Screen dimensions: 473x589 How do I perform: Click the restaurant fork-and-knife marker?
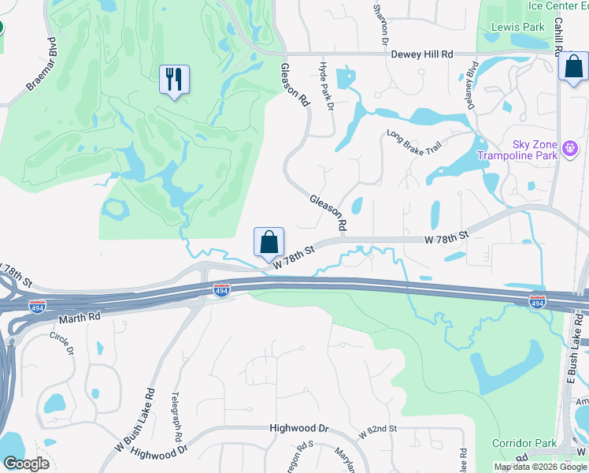(x=174, y=79)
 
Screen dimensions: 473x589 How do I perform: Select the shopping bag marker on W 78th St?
(x=269, y=242)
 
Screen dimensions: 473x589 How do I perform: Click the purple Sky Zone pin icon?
(x=571, y=147)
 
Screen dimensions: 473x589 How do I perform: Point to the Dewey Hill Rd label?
(x=422, y=54)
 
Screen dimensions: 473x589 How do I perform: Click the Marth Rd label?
(x=80, y=317)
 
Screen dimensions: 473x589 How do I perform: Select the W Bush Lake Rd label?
(x=135, y=419)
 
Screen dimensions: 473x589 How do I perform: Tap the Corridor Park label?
(x=524, y=443)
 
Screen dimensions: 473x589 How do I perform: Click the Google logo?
(x=26, y=464)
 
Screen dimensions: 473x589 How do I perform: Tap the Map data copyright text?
(x=540, y=467)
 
